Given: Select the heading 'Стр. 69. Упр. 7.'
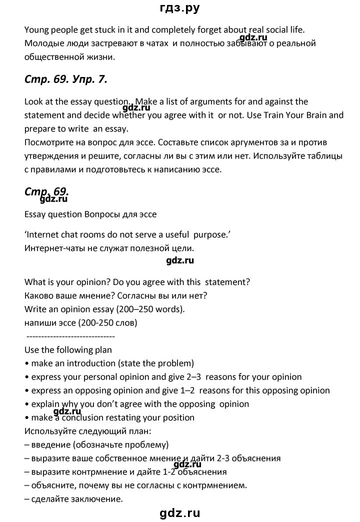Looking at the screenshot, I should pyautogui.click(x=65, y=79).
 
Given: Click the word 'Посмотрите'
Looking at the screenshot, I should pyautogui.click(x=48, y=142).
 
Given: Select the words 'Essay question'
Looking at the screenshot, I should pyautogui.click(x=51, y=214).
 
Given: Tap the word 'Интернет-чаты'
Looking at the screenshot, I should pyautogui.click(x=52, y=247).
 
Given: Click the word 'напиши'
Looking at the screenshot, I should pyautogui.click(x=38, y=322).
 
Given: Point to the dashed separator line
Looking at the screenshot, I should pyautogui.click(x=69, y=336).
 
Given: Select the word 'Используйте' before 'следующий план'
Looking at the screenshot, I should pyautogui.click(x=48, y=431).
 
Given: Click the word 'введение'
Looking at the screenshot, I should pyautogui.click(x=47, y=444).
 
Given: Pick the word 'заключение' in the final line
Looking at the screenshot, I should pyautogui.click(x=97, y=498).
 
